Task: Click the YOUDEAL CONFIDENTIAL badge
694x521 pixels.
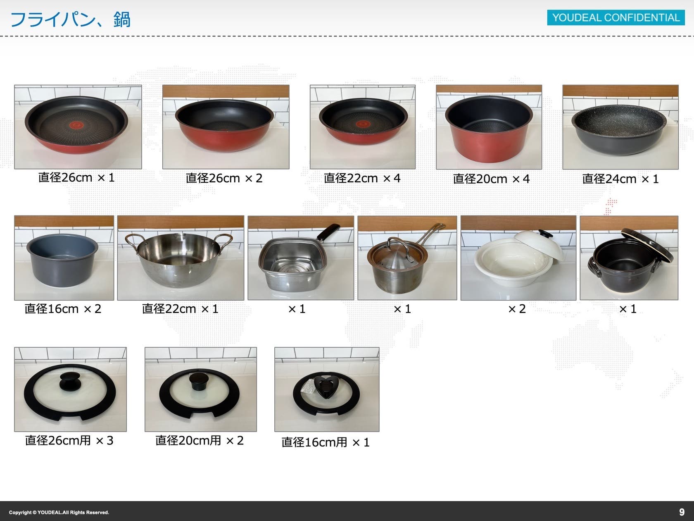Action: [616, 17]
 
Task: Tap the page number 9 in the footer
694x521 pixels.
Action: [682, 512]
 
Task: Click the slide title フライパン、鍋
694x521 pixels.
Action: [70, 19]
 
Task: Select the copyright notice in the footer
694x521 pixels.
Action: [59, 512]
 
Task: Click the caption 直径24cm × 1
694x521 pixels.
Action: [620, 179]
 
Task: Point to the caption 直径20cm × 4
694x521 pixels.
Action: [491, 179]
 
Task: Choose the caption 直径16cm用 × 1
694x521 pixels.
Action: [326, 442]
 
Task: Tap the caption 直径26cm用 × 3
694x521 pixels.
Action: [69, 440]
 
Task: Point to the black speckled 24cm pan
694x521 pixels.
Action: [619, 129]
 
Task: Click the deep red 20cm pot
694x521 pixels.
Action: [489, 129]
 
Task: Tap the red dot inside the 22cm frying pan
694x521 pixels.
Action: [363, 124]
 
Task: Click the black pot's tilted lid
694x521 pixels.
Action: [648, 245]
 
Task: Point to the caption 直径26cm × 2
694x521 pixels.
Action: [224, 178]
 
